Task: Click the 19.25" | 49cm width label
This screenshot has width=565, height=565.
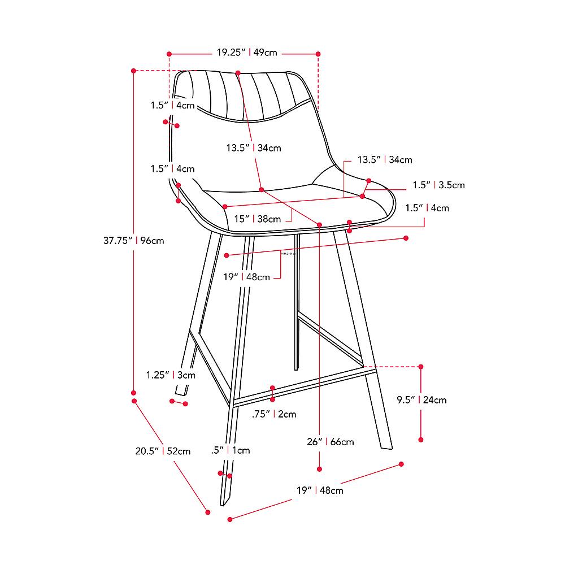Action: coord(247,53)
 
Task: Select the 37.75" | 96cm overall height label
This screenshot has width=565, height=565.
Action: coord(133,240)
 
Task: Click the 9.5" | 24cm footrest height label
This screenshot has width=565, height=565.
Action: coord(421,400)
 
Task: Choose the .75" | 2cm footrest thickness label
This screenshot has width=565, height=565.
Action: coord(273,414)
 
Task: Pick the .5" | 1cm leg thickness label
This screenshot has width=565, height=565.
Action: coord(230,450)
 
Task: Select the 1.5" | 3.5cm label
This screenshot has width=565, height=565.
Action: coord(438,185)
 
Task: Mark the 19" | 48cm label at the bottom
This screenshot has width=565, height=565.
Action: coord(320,490)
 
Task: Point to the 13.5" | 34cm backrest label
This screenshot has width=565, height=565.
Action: coord(254,148)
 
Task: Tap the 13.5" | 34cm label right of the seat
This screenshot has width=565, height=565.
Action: coord(385,160)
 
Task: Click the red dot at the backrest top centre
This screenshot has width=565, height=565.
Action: coord(238,73)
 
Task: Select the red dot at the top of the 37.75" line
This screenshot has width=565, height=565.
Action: coord(133,71)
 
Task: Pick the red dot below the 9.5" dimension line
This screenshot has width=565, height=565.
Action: coord(421,439)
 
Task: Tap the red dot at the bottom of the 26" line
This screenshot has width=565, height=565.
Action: coord(320,468)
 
